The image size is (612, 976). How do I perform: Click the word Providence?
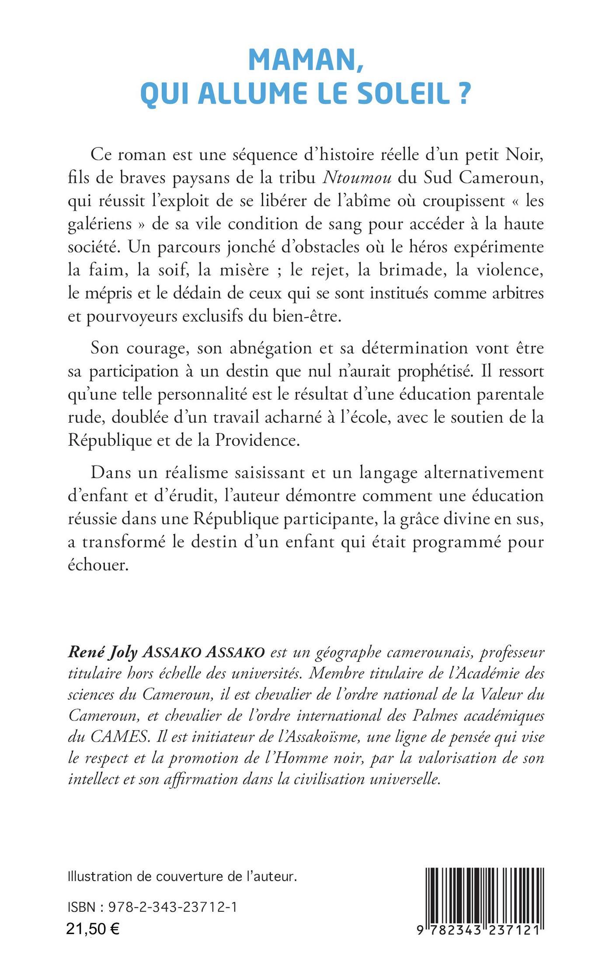pos(257,440)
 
